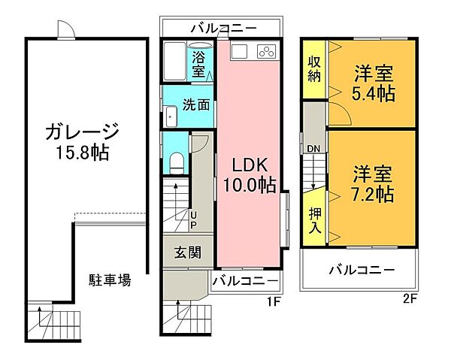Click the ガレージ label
point(82,132)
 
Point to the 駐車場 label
point(109,281)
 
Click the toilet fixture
point(175,161)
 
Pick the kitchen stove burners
point(266,51)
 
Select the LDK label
point(246,165)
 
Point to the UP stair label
point(192,219)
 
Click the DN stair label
point(313,148)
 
